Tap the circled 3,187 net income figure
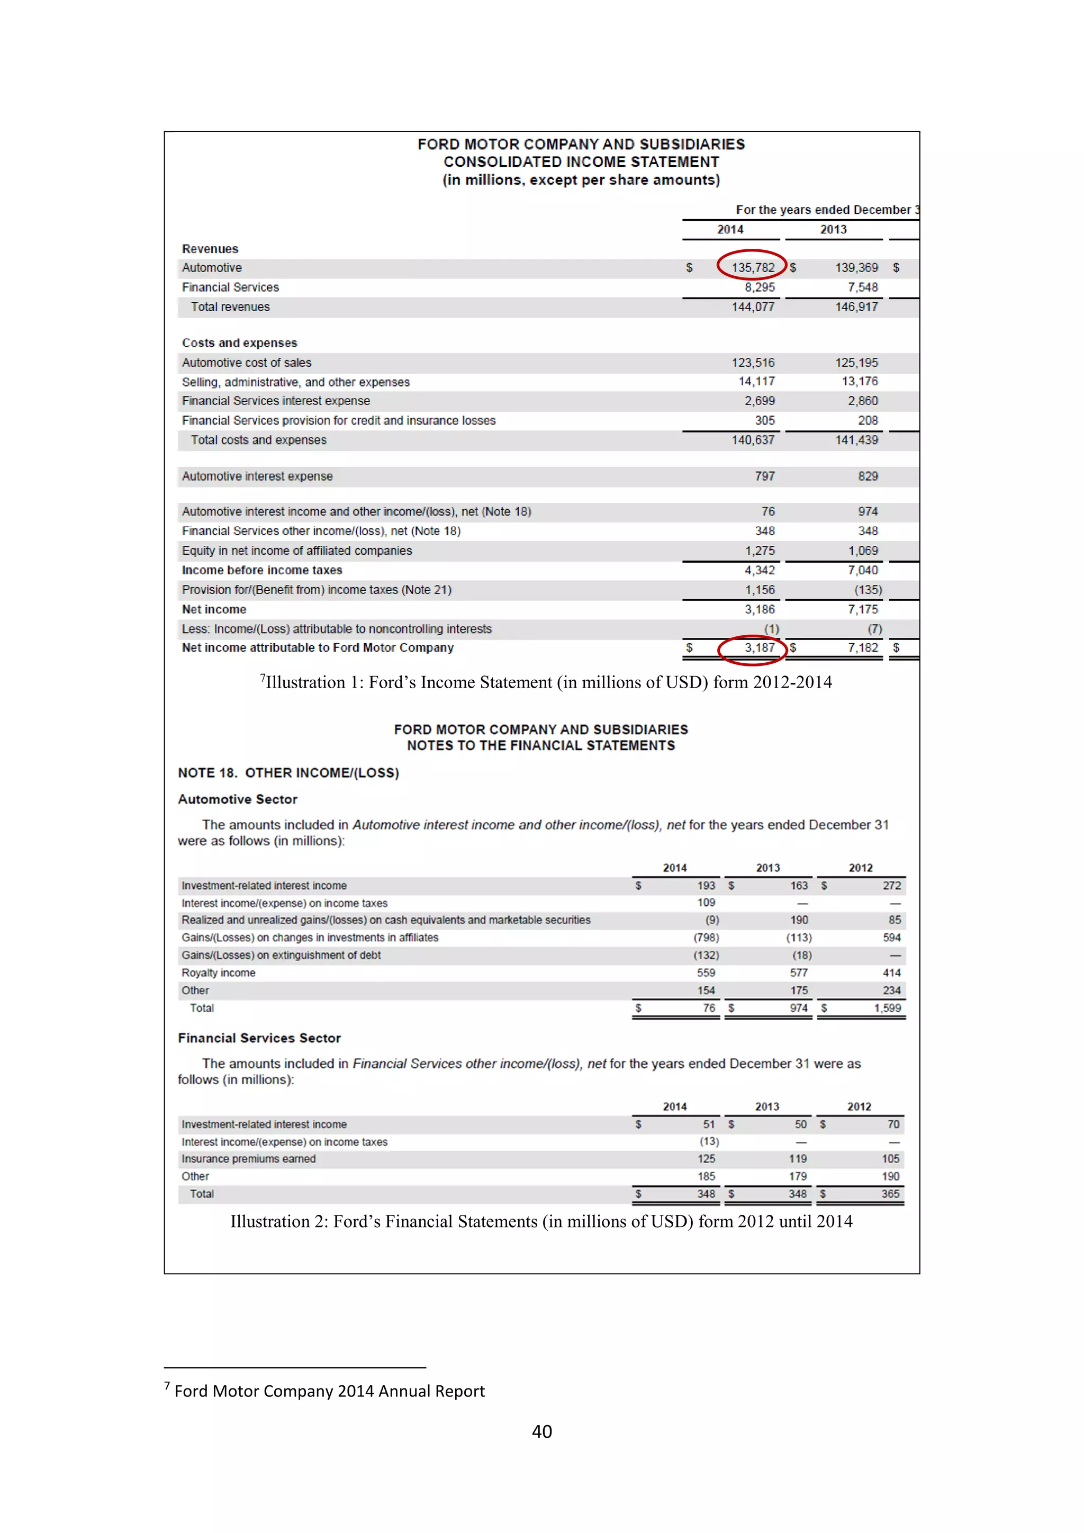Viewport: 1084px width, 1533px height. tap(759, 647)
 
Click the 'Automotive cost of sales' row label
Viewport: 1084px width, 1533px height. tap(246, 363)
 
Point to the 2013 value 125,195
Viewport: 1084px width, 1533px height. tap(856, 363)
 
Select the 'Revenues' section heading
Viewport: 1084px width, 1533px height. tap(210, 249)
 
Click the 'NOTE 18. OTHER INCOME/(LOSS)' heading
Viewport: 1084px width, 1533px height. tap(288, 773)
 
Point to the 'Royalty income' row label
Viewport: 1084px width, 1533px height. tap(218, 973)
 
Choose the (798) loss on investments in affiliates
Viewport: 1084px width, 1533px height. tap(706, 938)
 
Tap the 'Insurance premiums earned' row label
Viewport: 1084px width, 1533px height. tap(248, 1159)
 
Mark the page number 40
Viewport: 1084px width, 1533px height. tap(542, 1431)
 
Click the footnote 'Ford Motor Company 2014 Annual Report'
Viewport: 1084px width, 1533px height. tap(329, 1392)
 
